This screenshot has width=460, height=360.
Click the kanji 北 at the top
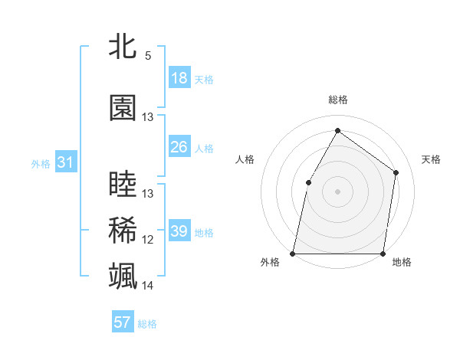123,47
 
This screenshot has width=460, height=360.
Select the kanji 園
123,109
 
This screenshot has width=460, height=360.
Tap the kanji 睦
123,185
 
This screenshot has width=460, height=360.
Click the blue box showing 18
179,78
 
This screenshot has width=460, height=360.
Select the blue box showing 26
179,147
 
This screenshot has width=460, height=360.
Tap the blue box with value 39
179,231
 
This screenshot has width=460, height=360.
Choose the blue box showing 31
65,162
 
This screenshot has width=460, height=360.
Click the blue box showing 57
123,322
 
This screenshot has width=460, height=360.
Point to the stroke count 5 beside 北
148,56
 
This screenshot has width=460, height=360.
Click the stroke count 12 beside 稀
148,240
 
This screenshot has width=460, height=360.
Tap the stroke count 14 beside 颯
148,286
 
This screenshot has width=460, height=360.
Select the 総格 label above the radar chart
337,100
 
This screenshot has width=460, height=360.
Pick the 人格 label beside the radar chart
245,159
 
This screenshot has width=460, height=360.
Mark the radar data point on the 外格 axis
293,253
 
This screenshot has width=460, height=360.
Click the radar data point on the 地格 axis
383,253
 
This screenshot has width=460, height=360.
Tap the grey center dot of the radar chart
337,191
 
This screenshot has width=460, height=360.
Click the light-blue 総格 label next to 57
147,324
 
